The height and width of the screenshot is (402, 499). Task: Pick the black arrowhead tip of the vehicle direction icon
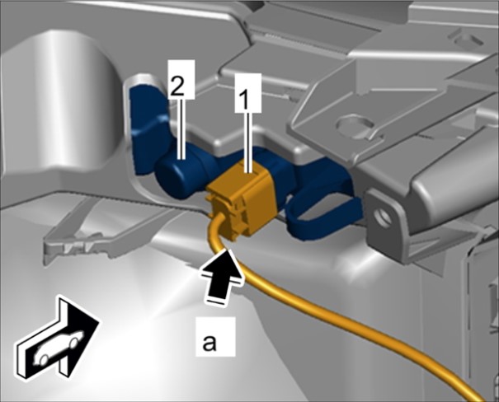click(x=99, y=320)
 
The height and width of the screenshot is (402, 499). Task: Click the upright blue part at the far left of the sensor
click(x=146, y=127)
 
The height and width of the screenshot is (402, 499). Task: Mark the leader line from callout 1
click(x=248, y=143)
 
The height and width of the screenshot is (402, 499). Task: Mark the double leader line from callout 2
click(x=181, y=129)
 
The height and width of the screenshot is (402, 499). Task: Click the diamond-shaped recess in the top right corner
click(x=467, y=40)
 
